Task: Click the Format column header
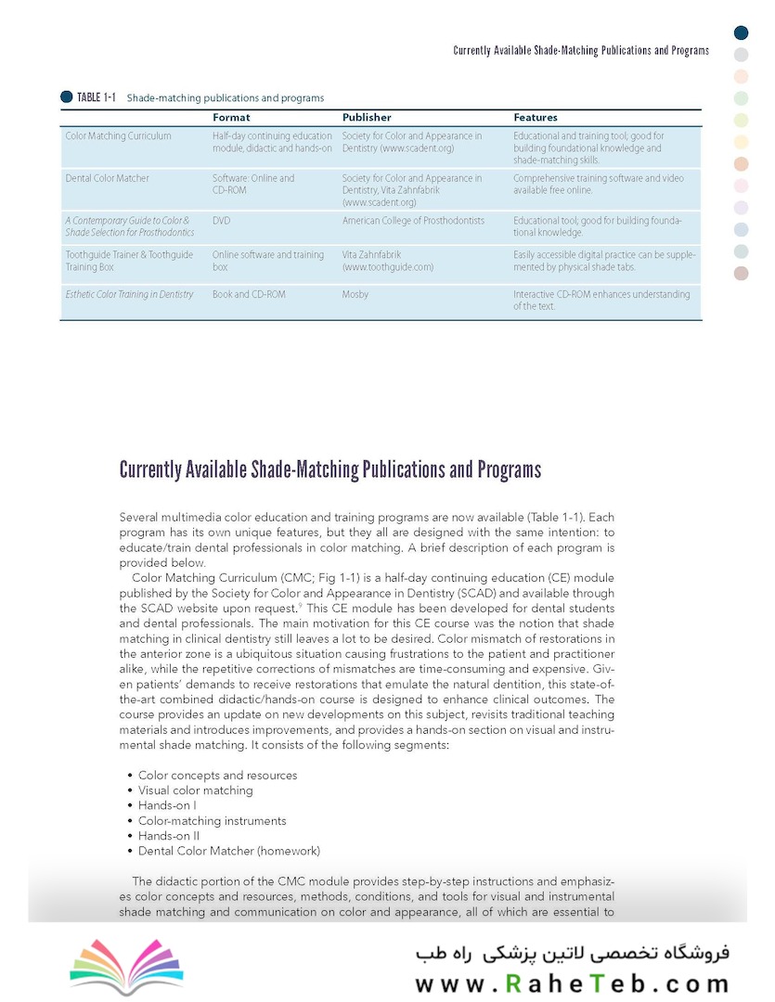231,118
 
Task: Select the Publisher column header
367,118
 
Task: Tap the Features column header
536,118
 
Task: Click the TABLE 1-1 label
96,97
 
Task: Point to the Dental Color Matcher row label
107,178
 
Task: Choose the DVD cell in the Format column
221,221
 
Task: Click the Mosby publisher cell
355,294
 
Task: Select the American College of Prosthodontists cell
413,221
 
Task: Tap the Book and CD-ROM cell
249,294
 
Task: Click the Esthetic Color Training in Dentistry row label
129,294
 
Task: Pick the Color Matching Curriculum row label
118,135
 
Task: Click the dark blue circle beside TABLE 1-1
66,96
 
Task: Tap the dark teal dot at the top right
741,32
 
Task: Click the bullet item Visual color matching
195,790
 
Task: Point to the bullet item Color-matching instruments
212,821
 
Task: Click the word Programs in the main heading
509,469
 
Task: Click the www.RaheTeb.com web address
572,983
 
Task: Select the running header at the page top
581,50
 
